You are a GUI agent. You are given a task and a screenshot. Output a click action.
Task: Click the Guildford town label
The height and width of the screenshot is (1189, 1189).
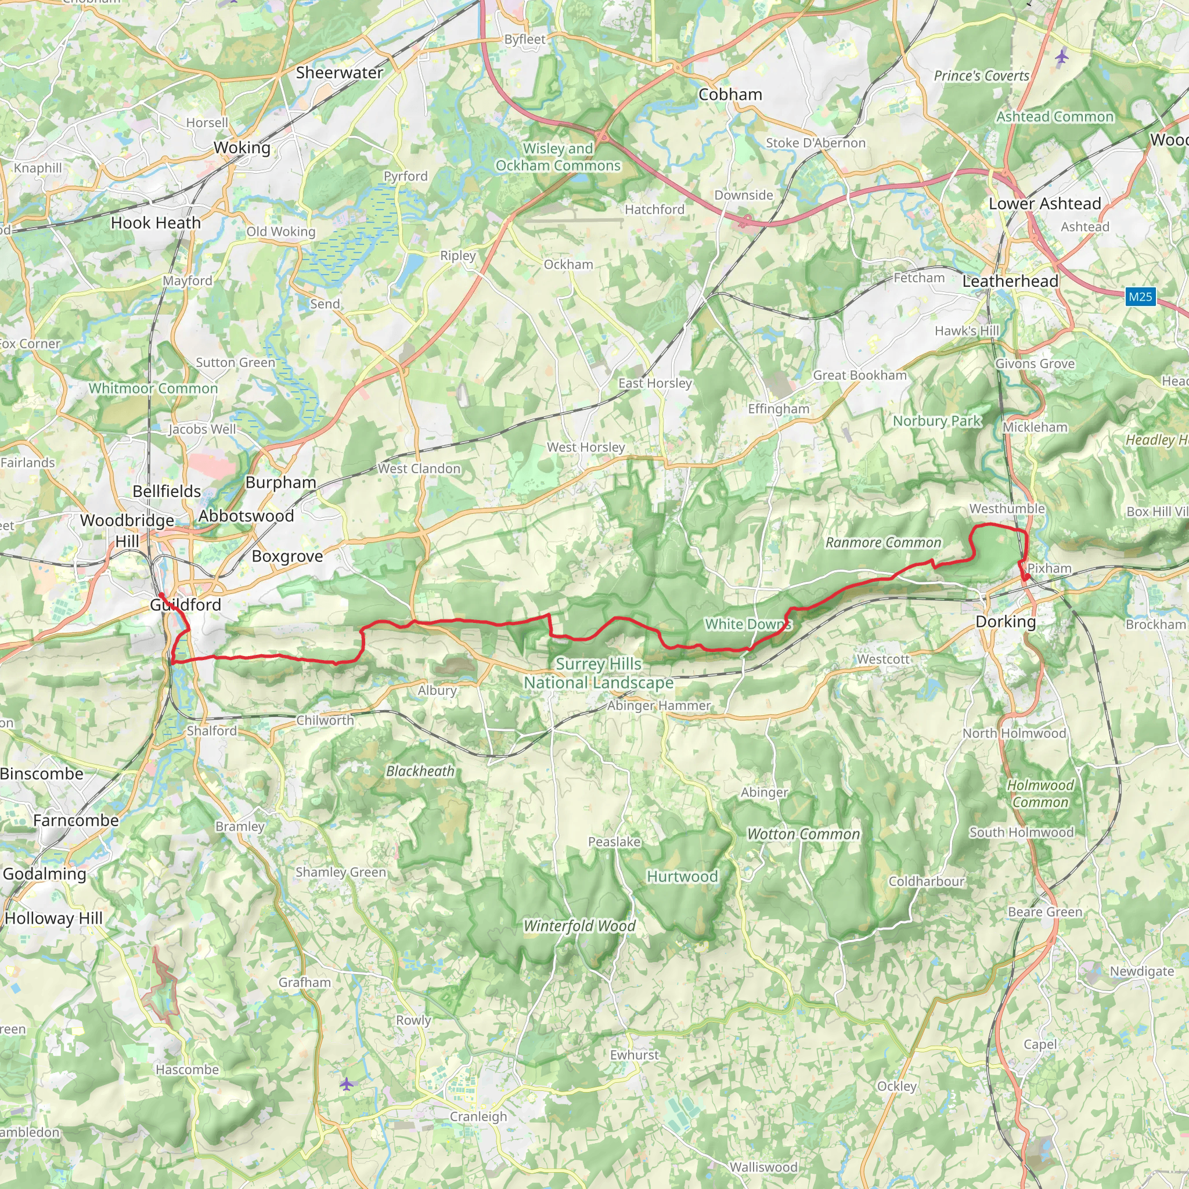coord(185,604)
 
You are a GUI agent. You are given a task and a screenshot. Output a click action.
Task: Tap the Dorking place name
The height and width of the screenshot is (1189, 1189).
coord(1006,622)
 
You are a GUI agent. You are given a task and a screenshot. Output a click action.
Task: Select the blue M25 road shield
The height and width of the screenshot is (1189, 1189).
coord(1140,297)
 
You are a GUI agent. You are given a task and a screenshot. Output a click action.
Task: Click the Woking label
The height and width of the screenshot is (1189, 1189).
coord(242,147)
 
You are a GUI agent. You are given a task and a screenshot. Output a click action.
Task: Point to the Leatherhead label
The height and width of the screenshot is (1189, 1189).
coord(1010,281)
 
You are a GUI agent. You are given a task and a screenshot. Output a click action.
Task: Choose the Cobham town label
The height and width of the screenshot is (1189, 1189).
coord(730,95)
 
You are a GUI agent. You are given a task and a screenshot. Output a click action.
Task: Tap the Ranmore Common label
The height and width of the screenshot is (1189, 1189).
coord(883,542)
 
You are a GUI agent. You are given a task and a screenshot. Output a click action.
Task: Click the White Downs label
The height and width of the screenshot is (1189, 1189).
coord(747,624)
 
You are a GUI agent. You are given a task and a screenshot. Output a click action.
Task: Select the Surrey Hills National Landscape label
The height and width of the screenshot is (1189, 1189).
coord(598,673)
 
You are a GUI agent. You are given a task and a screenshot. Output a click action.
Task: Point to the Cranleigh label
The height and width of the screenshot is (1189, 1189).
coord(478,1116)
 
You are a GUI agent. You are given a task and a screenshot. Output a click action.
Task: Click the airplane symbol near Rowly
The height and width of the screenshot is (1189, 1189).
coord(347,1084)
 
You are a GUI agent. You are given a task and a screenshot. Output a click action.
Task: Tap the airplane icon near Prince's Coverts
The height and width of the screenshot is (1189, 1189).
coord(1062,58)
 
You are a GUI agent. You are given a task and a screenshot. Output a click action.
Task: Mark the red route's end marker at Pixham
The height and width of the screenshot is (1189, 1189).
coord(1026,577)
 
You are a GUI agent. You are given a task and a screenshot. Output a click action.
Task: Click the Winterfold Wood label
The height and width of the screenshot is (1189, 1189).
coord(579,925)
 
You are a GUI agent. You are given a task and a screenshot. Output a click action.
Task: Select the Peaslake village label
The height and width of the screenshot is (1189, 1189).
coord(614,842)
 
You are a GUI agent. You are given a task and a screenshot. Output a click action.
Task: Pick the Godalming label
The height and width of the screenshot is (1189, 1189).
coord(44,874)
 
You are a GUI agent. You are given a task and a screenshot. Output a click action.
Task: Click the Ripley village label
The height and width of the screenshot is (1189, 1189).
coord(457,256)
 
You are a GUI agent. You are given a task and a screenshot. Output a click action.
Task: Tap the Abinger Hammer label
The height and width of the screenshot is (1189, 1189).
coord(658,706)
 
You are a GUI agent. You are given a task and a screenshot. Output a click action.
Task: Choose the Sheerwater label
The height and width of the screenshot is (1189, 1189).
coord(339,73)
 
